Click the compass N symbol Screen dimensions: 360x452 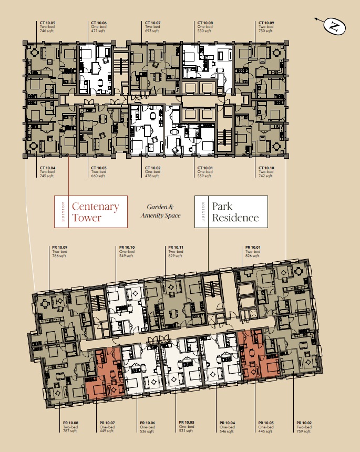(334, 26)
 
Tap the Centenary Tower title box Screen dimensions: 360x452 (91, 212)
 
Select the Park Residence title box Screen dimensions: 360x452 (231, 212)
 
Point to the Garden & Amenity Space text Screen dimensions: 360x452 (160, 211)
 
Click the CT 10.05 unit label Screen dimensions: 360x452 (47, 23)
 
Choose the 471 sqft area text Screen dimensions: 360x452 (98, 31)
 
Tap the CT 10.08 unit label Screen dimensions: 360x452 (205, 23)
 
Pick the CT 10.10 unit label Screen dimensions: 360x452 (266, 168)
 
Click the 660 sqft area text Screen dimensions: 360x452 (98, 176)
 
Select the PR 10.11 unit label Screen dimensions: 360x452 (176, 248)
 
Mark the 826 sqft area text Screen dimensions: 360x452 (252, 255)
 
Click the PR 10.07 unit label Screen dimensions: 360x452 (107, 423)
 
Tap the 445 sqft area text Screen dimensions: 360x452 (265, 432)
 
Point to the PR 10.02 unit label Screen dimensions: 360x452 (304, 423)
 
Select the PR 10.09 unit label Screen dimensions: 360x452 (60, 248)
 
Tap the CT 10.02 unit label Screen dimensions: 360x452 (153, 168)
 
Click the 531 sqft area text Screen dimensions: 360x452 (186, 430)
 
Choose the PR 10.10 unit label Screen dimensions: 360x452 (127, 248)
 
